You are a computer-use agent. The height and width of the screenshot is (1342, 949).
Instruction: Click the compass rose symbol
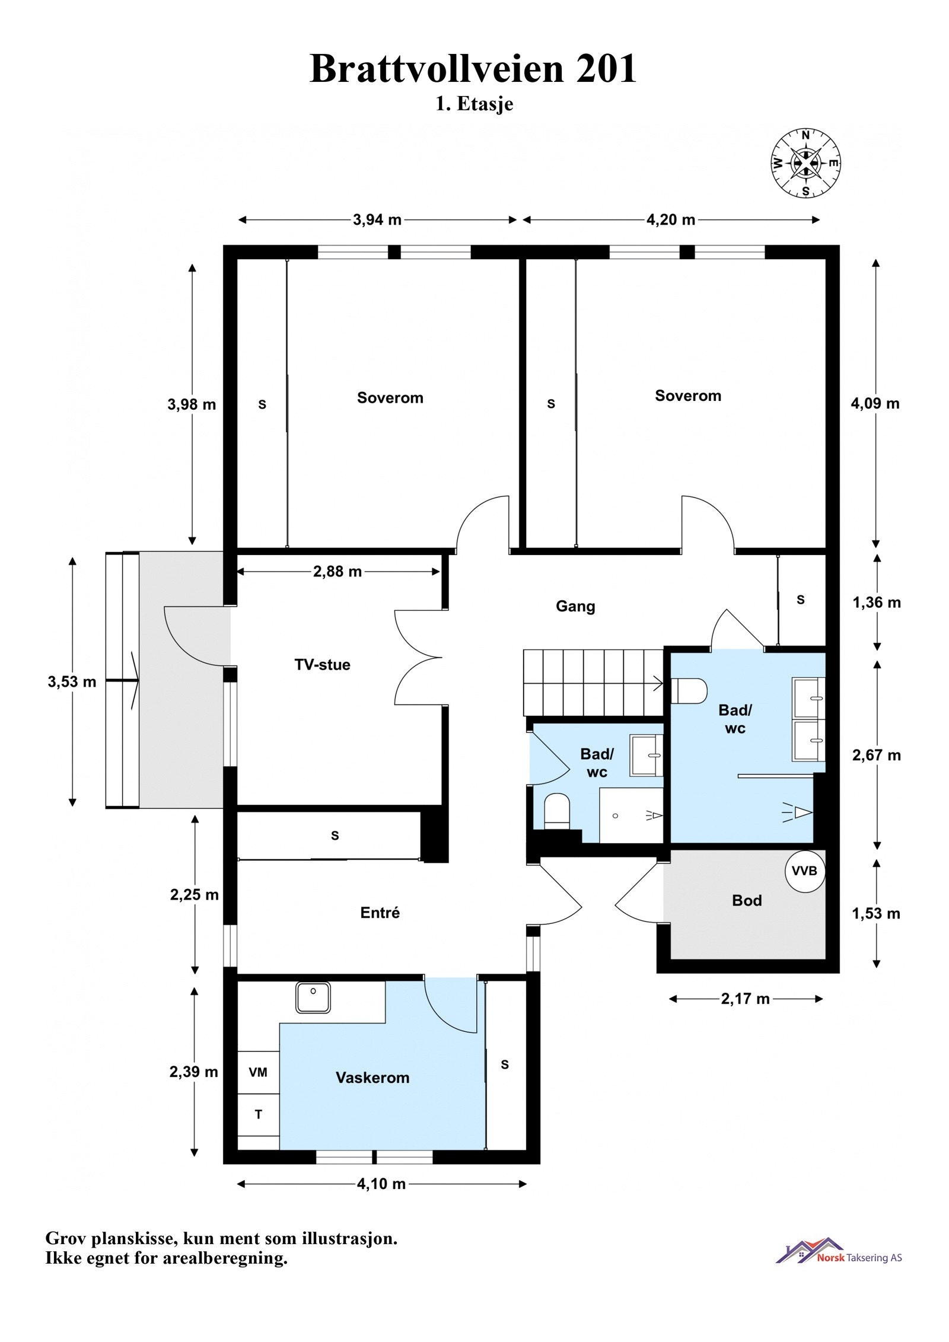(x=806, y=162)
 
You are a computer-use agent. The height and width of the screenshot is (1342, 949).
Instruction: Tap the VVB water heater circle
(x=805, y=871)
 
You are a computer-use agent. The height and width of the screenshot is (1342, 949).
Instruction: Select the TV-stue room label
(x=322, y=664)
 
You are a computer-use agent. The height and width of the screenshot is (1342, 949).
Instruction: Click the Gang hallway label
(x=575, y=607)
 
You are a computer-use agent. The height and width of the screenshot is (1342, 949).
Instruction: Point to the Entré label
(x=380, y=913)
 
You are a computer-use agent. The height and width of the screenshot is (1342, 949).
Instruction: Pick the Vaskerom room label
(x=372, y=1078)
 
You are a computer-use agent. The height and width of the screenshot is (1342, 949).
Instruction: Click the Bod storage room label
(x=747, y=901)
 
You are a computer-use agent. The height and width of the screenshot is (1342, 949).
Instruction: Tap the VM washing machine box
(x=258, y=1072)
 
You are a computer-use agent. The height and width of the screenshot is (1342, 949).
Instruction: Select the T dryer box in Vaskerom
(x=258, y=1115)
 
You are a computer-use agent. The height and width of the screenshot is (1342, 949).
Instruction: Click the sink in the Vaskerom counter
(x=313, y=997)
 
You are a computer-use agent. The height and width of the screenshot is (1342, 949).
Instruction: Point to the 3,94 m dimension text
(x=377, y=220)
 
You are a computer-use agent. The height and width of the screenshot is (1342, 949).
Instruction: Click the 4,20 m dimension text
(x=671, y=220)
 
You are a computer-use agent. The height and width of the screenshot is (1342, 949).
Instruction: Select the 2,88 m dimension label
(x=337, y=572)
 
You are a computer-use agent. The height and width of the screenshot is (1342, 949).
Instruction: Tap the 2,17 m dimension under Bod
(x=746, y=999)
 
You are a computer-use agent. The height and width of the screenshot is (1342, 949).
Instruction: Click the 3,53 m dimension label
(x=72, y=682)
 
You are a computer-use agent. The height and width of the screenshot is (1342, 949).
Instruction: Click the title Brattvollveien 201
(x=473, y=69)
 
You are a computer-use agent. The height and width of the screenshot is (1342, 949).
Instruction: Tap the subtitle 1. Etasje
(x=474, y=104)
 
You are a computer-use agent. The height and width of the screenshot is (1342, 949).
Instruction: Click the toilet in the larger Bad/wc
(x=689, y=691)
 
